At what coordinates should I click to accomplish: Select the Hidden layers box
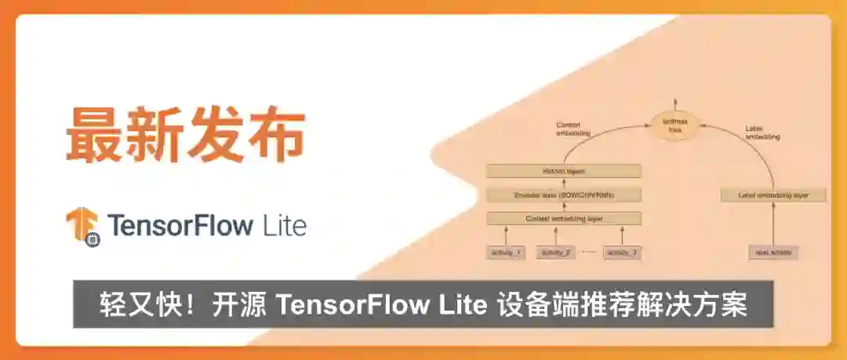[564, 171]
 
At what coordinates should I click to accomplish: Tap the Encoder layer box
[564, 195]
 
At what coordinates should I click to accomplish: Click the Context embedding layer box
[564, 218]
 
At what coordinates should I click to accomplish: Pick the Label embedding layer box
[773, 195]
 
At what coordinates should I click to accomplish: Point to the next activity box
[773, 253]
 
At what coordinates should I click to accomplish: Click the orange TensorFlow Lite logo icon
[82, 226]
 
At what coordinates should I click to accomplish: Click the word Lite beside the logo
[284, 226]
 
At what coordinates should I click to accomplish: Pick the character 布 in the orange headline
[276, 135]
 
